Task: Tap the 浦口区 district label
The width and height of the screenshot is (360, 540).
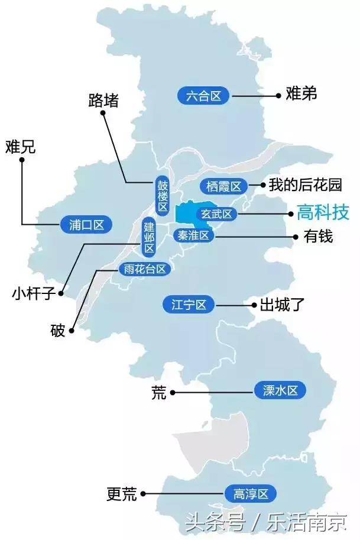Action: point(86,225)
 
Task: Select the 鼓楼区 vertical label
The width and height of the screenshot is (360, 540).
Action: point(163,196)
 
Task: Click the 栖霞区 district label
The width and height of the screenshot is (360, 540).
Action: point(223,187)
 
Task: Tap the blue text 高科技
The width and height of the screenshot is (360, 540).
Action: point(323,213)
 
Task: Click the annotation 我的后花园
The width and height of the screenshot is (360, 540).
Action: point(305,185)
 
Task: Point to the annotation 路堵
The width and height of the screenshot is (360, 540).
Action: point(103,100)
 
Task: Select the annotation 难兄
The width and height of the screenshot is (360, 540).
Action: point(21,147)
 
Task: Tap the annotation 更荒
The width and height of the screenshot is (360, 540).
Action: point(122,493)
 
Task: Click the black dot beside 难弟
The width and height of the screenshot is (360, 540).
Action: point(278,95)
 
